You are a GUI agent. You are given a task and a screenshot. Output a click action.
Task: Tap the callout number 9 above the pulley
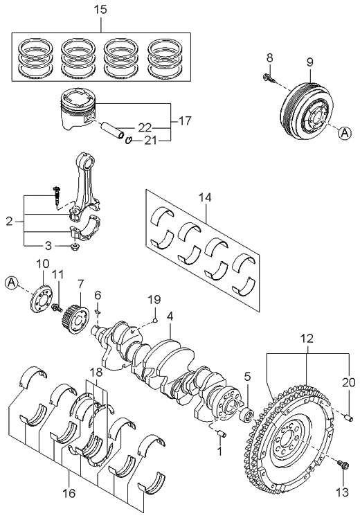pyautogui.click(x=309, y=61)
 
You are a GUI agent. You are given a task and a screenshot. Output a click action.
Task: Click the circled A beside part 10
pyautogui.click(x=11, y=282)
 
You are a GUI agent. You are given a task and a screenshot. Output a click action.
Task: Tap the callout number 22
pyautogui.click(x=143, y=128)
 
